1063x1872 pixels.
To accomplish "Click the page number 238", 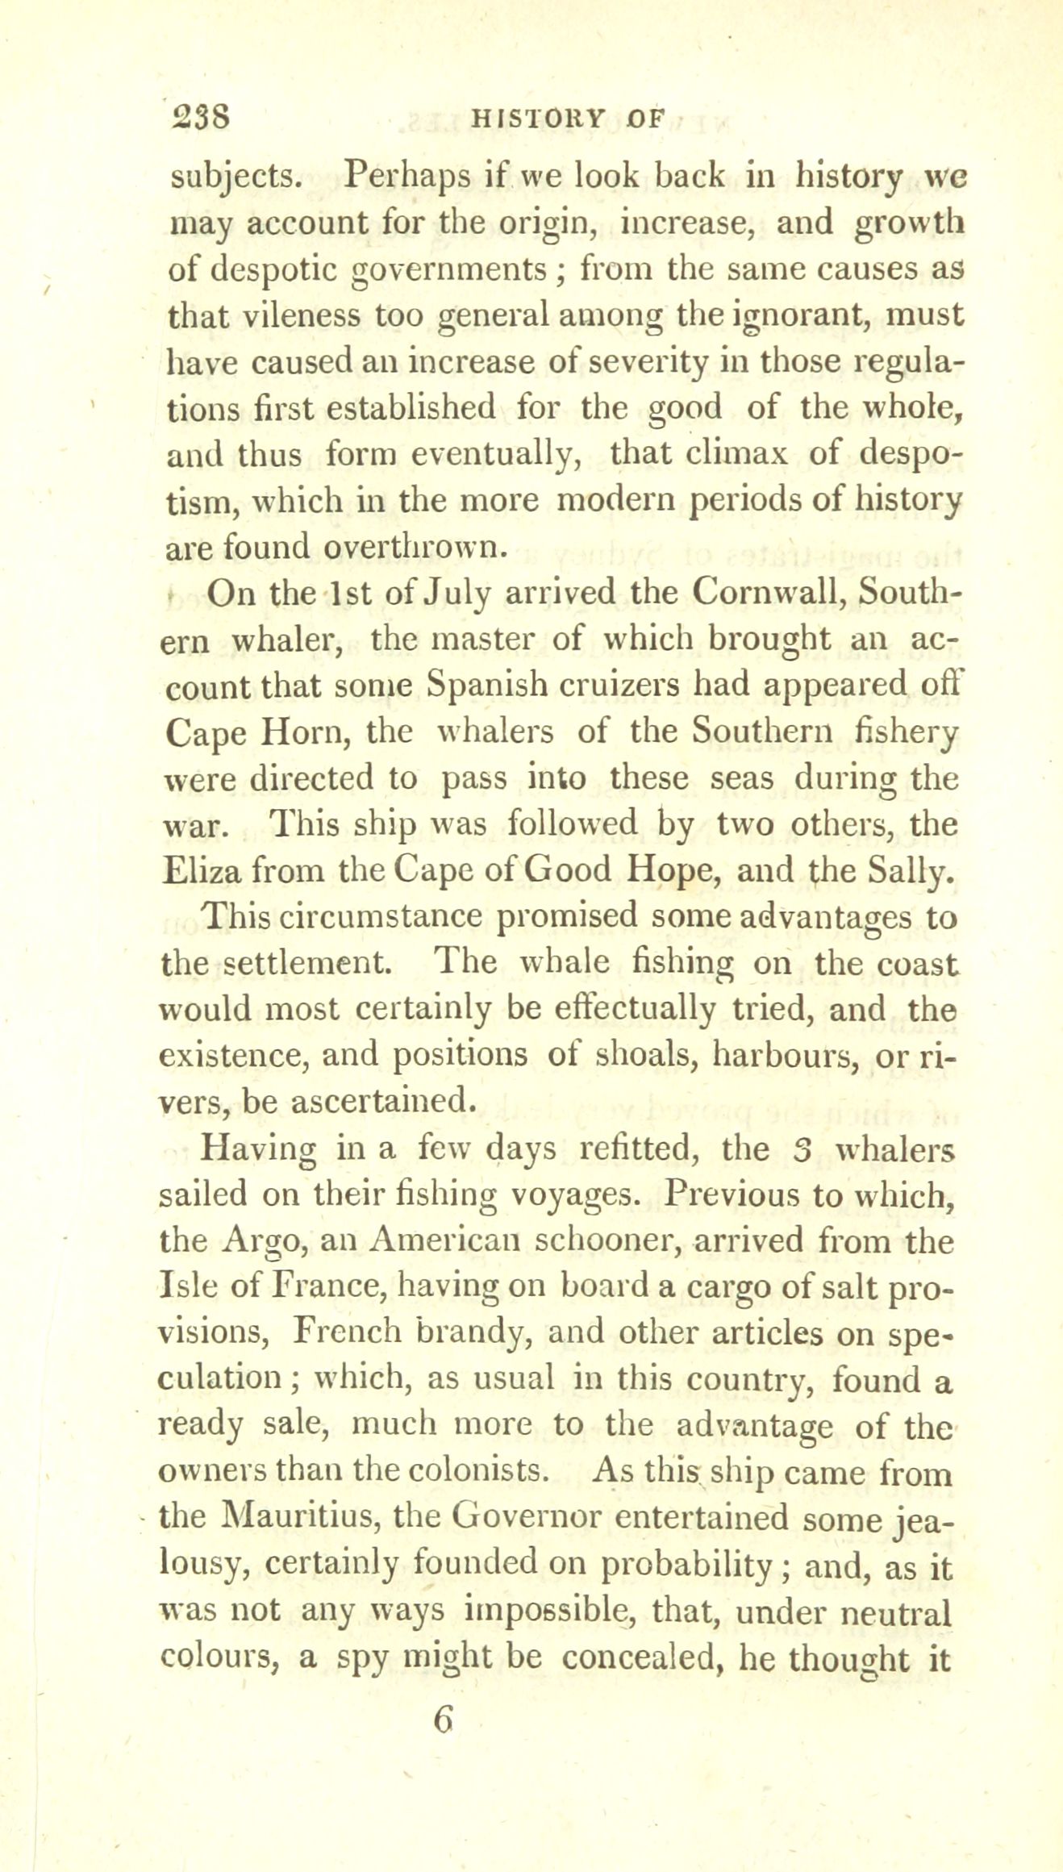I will tap(202, 119).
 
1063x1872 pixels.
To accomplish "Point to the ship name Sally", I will tap(912, 871).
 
